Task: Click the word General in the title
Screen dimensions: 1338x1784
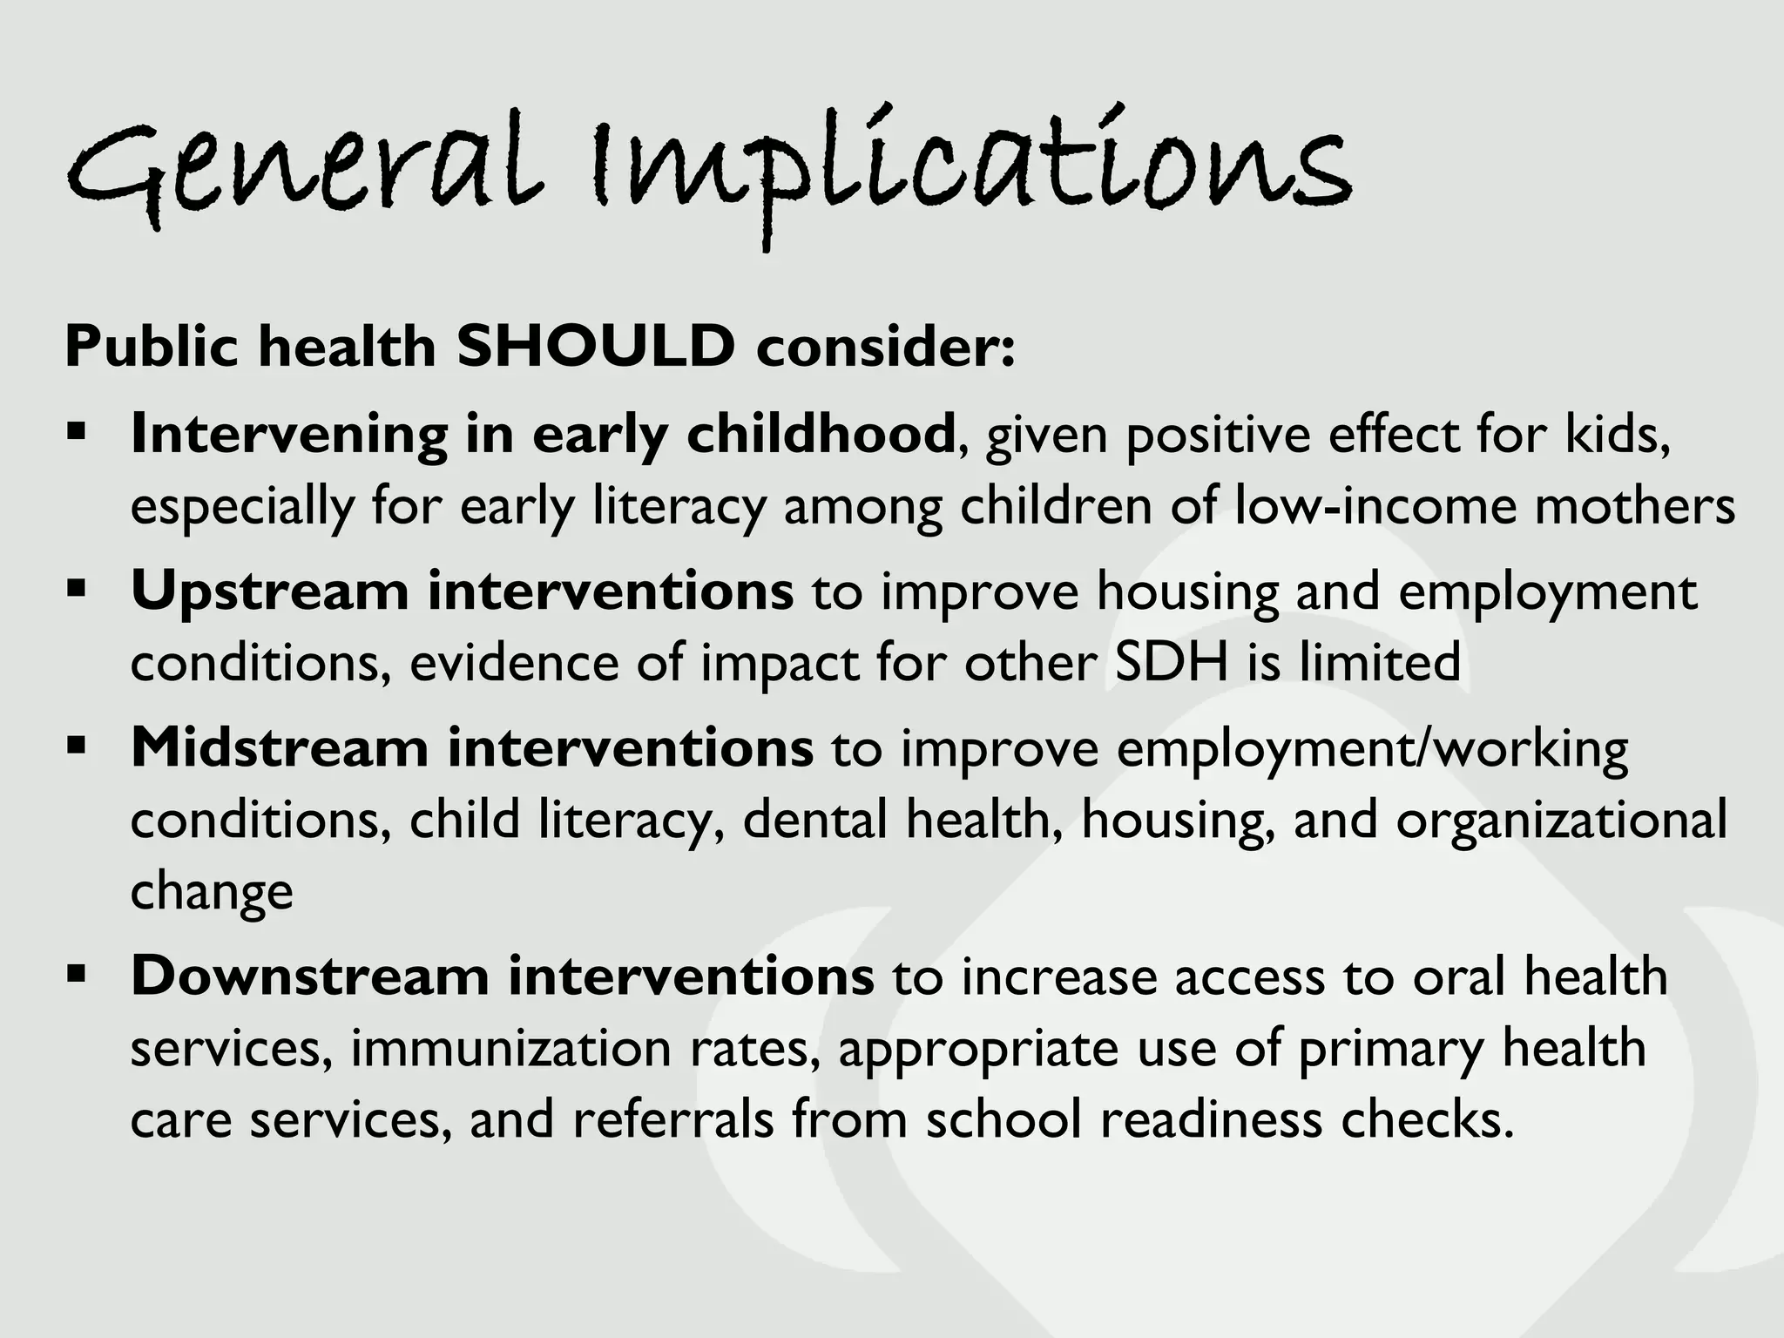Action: (x=301, y=170)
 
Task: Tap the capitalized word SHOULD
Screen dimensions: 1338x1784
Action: (x=595, y=347)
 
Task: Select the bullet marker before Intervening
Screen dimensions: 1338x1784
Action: (x=77, y=432)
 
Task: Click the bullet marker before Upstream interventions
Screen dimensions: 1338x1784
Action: (x=77, y=590)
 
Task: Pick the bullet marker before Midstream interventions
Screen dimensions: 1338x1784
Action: (x=77, y=747)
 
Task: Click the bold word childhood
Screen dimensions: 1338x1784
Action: (x=821, y=434)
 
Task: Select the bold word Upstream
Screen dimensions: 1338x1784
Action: (x=269, y=592)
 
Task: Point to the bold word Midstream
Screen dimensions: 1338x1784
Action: (x=279, y=748)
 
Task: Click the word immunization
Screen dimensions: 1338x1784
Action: (x=510, y=1048)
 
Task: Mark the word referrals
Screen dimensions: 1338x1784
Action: (x=672, y=1119)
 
